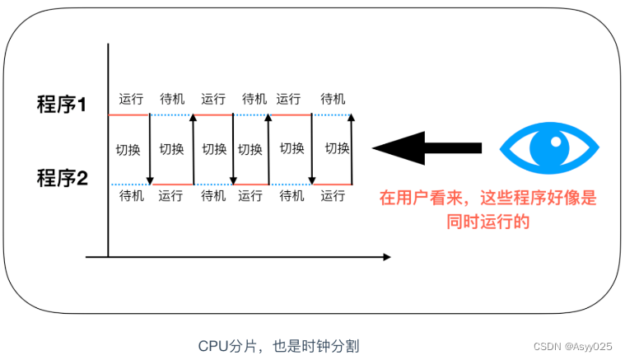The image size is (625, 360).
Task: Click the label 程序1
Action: pos(62,105)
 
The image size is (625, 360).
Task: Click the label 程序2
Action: pos(62,177)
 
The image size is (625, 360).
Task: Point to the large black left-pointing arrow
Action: pos(427,148)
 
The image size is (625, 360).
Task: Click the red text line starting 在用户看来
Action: pos(487,199)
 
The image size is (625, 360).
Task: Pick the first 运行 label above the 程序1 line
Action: pos(131,99)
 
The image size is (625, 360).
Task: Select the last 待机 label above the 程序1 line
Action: pos(333,99)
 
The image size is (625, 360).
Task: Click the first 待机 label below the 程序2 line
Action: pos(131,196)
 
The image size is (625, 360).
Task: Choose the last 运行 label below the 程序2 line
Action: pos(333,196)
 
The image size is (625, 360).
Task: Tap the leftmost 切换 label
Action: pos(128,149)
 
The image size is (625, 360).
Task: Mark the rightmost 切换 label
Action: pos(338,149)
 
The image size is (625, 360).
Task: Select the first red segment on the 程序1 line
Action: pos(128,115)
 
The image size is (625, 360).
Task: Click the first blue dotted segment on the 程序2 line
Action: pos(129,185)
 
